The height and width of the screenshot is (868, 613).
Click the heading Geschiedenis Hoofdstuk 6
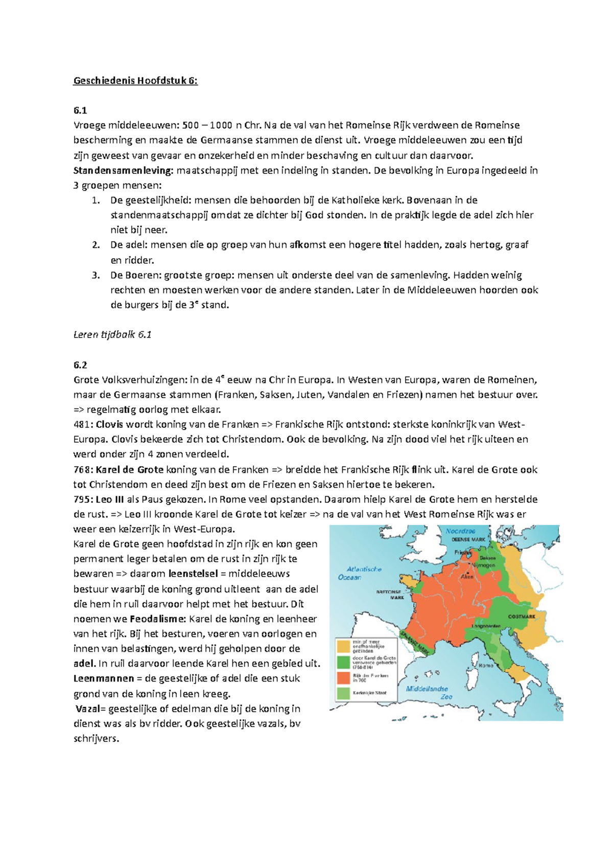(x=135, y=80)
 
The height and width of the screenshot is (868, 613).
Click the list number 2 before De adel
(x=96, y=245)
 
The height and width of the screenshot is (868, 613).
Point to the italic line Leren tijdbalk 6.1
(x=112, y=335)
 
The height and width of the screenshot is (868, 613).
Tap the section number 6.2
(x=80, y=364)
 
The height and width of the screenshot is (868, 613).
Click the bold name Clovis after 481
(x=109, y=424)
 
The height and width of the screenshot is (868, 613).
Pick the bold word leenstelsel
(x=194, y=574)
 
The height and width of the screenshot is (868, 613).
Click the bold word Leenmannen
(x=103, y=678)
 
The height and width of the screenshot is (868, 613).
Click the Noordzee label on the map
(x=460, y=531)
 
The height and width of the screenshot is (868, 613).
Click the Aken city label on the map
(x=467, y=576)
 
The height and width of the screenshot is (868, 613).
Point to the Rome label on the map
(x=486, y=665)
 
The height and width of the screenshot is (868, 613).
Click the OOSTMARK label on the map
(x=521, y=616)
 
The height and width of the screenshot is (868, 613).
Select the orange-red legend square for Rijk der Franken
(x=343, y=678)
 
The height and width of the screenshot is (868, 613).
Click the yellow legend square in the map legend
(x=343, y=645)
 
